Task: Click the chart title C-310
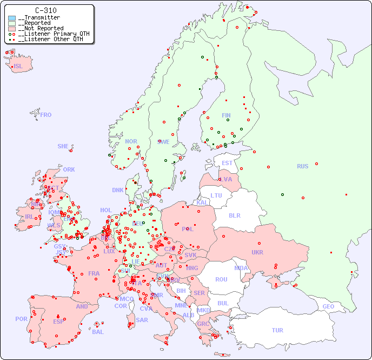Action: click(45, 10)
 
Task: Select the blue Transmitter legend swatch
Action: click(12, 18)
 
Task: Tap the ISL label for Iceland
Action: click(18, 67)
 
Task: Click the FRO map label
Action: click(46, 115)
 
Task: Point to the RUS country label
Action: click(302, 166)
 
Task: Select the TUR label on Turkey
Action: click(277, 330)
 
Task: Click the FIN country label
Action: click(226, 115)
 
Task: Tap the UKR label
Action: click(257, 252)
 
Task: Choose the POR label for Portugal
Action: click(21, 319)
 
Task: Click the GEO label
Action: click(328, 306)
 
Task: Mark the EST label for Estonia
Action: click(227, 163)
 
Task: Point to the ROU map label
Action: click(221, 279)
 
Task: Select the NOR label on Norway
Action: click(131, 141)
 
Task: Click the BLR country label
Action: click(235, 215)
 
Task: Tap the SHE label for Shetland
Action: click(63, 146)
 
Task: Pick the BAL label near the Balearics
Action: click(98, 332)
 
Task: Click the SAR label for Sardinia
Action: click(142, 320)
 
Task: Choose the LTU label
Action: click(216, 195)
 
